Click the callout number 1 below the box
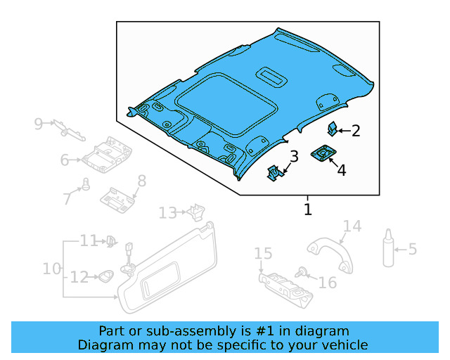(x=307, y=209)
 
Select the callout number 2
(x=356, y=130)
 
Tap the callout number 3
(x=294, y=156)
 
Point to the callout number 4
(x=341, y=169)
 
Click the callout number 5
(x=412, y=249)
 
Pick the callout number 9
(x=39, y=124)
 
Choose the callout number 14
(x=352, y=226)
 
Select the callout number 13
(x=167, y=212)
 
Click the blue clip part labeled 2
(x=333, y=128)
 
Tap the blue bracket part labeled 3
(x=274, y=172)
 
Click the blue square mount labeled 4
(x=323, y=153)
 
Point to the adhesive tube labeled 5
(x=388, y=250)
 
